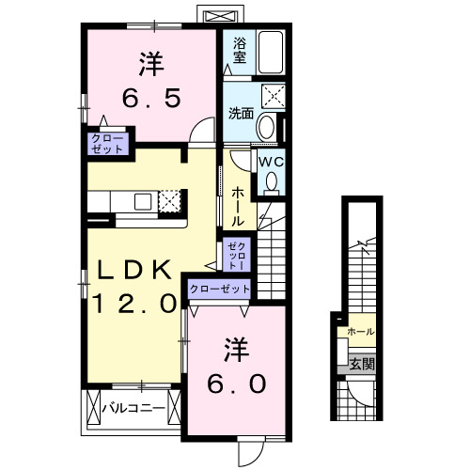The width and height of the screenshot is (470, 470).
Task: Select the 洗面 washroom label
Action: click(x=241, y=114)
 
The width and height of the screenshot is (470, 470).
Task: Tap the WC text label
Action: click(x=272, y=162)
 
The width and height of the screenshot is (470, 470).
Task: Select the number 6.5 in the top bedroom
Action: click(x=149, y=97)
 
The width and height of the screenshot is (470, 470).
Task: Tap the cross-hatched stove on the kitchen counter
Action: click(x=170, y=201)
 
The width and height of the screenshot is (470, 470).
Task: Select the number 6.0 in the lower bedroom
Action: click(x=237, y=384)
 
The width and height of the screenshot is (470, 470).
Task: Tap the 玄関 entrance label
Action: click(x=361, y=364)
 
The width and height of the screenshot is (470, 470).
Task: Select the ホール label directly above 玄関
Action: click(x=360, y=332)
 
